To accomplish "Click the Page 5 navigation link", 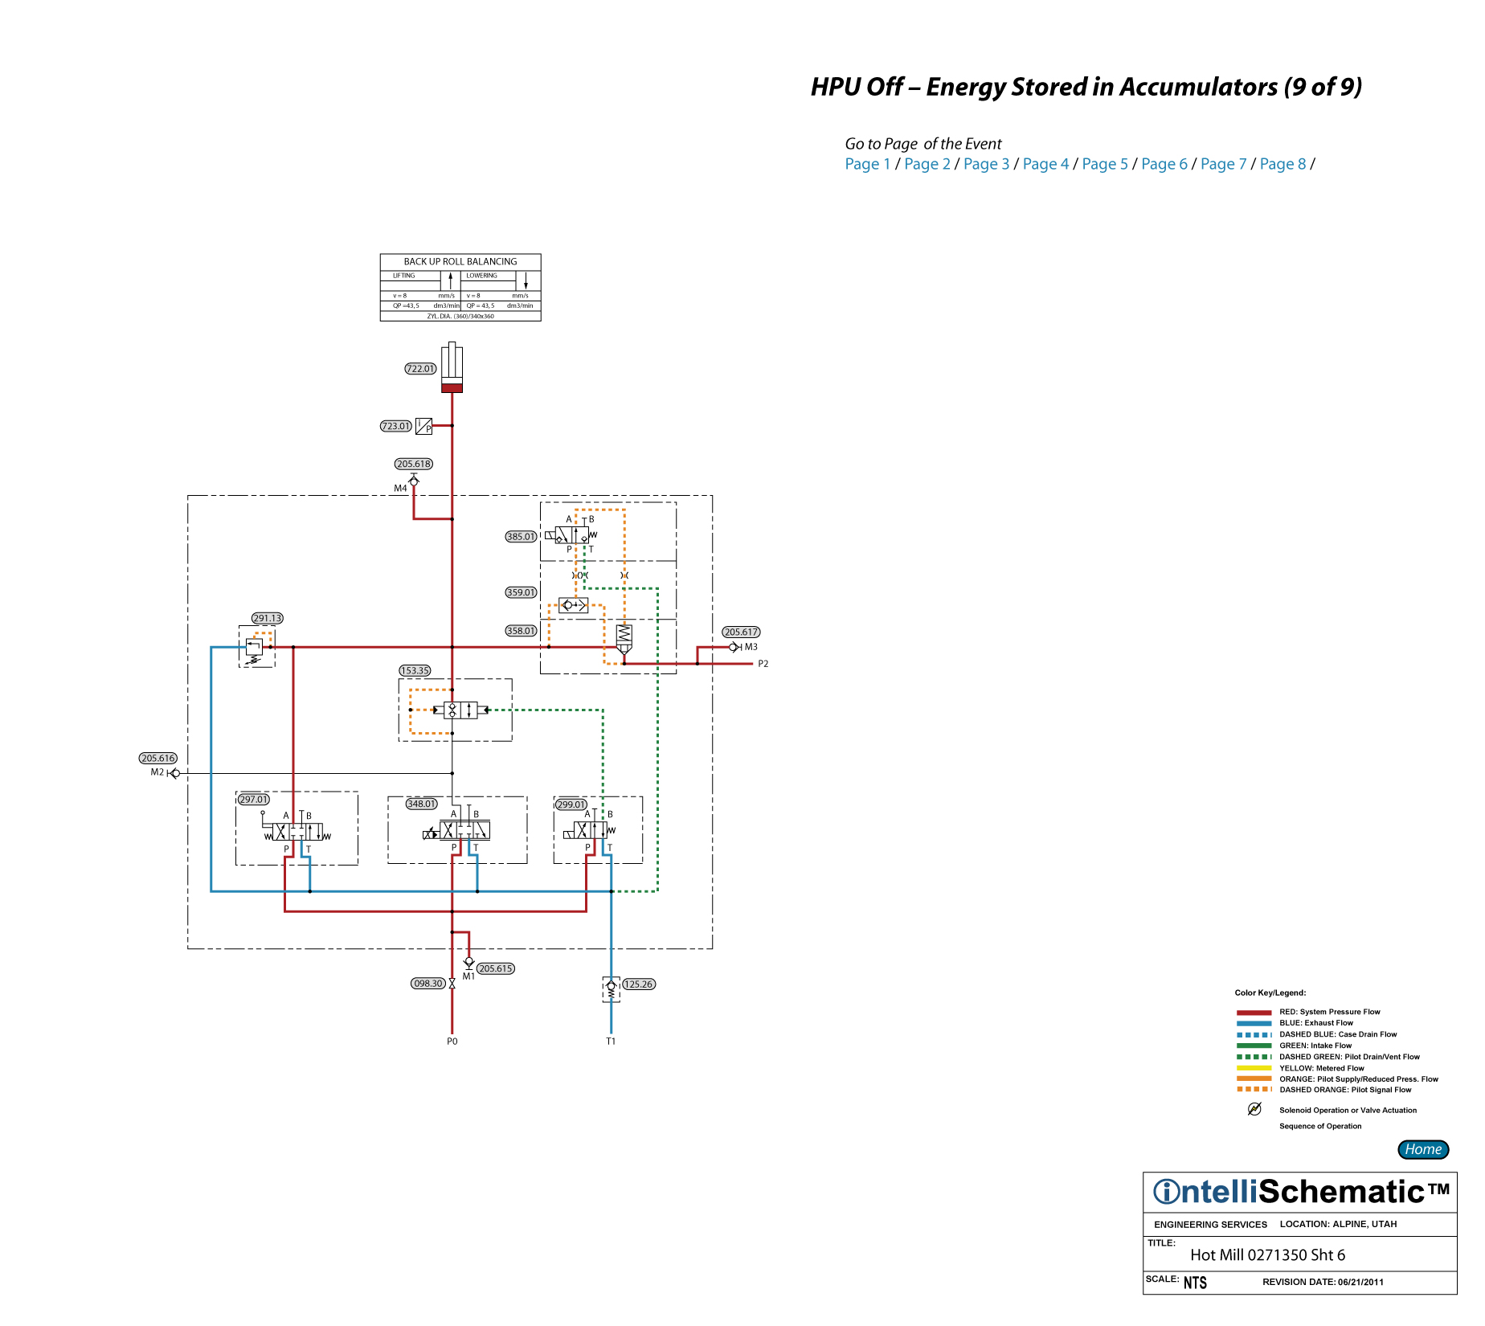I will coord(1105,164).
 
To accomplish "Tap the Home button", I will coord(1422,1149).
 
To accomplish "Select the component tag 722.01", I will coord(420,369).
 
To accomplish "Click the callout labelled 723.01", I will coord(395,426).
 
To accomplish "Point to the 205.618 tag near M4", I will coord(414,464).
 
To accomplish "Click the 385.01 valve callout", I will coord(521,537).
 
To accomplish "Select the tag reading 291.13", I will coord(267,618).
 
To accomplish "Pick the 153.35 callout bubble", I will coord(415,670).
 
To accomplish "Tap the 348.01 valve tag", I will coord(421,804).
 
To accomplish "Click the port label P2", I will coord(763,664).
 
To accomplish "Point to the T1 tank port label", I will coord(611,1042).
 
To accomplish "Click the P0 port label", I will coord(452,1042).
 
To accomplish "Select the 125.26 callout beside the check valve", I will coord(639,984).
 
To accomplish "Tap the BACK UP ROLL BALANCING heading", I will coord(460,262).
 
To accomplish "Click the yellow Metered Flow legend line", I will coord(1254,1068).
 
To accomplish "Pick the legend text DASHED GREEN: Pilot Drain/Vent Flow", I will coord(1349,1057).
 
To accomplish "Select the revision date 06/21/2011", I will coord(1360,1282).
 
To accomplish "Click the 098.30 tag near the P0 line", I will coord(427,984).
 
